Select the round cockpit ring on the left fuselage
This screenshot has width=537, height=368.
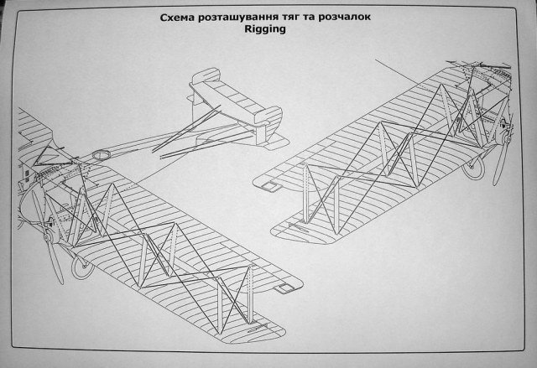[x=102, y=155]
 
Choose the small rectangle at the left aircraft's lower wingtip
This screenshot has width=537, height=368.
[x=287, y=287]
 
